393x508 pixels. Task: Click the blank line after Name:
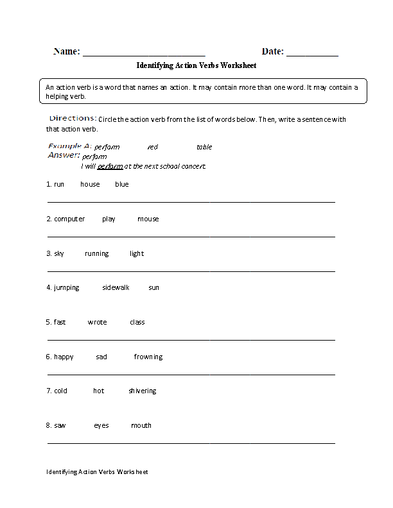coord(144,54)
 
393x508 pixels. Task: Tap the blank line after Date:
coord(312,54)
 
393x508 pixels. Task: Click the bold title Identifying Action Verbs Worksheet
coord(197,65)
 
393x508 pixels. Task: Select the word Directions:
coord(73,119)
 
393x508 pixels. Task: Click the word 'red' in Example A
coord(152,147)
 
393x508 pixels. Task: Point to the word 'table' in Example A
coord(204,147)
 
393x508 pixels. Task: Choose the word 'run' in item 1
coord(59,184)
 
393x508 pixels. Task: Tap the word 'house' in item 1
coord(90,184)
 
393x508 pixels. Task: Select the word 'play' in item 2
coord(109,219)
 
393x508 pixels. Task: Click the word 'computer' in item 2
coord(69,219)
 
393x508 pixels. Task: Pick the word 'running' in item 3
coord(97,253)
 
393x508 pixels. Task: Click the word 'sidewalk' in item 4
coord(116,287)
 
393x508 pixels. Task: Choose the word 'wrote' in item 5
coord(98,322)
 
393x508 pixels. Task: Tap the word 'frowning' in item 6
coord(148,357)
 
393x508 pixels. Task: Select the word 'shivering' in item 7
coord(142,391)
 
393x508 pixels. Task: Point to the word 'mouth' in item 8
coord(141,425)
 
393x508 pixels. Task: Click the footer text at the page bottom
coord(97,472)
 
